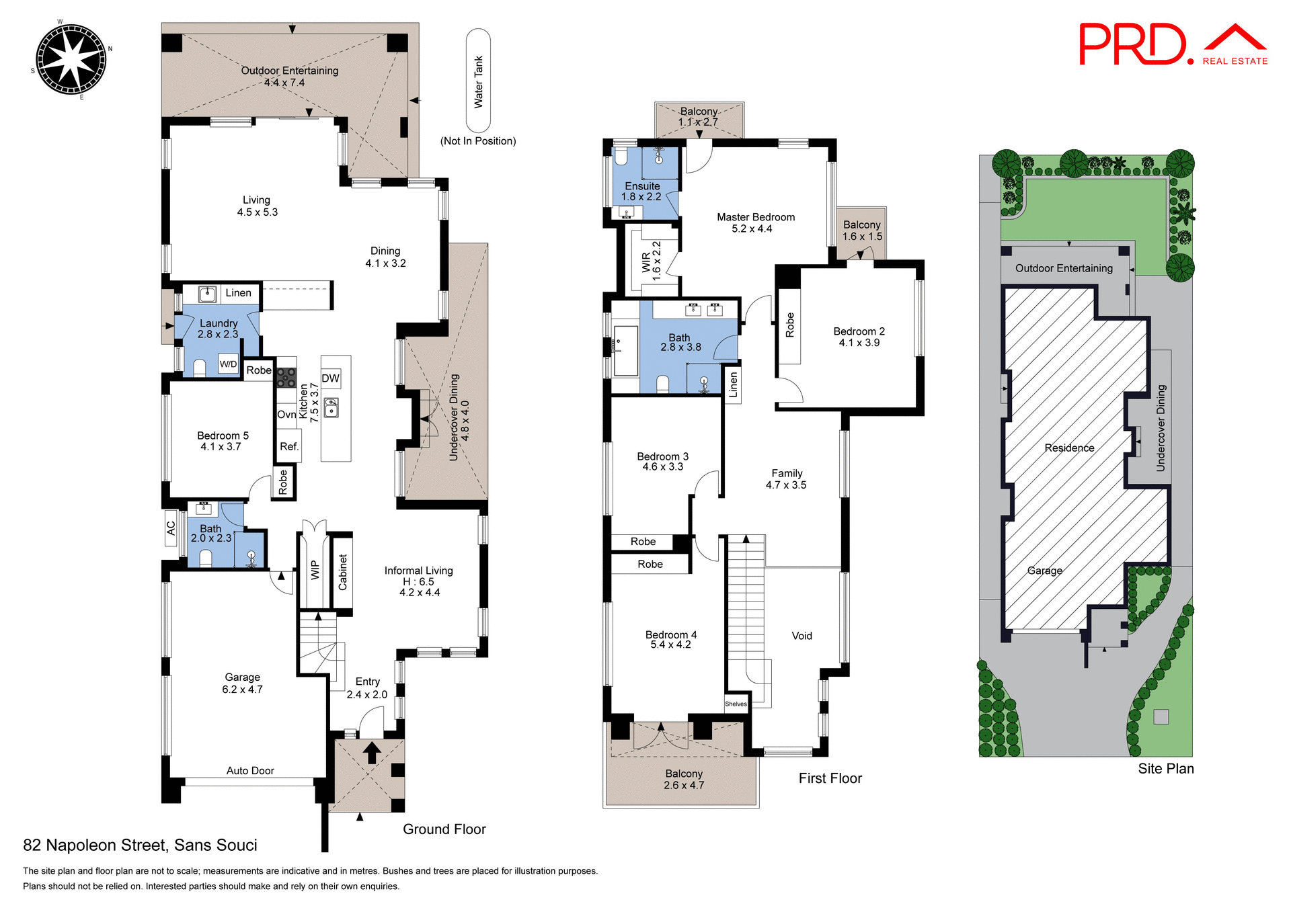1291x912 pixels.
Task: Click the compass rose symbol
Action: (x=71, y=60)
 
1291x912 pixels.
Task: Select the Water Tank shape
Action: (x=478, y=81)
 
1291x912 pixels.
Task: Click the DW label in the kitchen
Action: (x=330, y=378)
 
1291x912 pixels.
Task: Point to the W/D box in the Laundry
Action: (x=228, y=364)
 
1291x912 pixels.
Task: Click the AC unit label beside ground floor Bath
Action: (x=171, y=528)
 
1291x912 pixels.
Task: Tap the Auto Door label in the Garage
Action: (x=250, y=771)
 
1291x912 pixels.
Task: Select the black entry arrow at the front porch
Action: (x=372, y=752)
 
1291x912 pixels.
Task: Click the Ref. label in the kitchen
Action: (x=289, y=446)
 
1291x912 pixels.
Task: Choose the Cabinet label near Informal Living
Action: (x=343, y=573)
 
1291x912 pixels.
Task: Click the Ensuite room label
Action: (x=642, y=186)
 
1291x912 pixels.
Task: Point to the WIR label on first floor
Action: (x=646, y=262)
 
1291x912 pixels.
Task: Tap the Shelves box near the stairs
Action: (x=736, y=704)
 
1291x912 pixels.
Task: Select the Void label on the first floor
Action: (x=801, y=636)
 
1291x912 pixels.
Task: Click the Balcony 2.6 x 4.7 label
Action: (x=684, y=780)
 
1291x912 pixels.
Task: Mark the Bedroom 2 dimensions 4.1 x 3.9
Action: (x=859, y=343)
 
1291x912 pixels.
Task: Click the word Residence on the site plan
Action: (x=1069, y=448)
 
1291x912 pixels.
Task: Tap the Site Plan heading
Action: (x=1165, y=769)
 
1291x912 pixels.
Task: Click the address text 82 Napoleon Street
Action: (x=140, y=845)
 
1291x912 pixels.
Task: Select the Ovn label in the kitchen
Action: (x=286, y=415)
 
